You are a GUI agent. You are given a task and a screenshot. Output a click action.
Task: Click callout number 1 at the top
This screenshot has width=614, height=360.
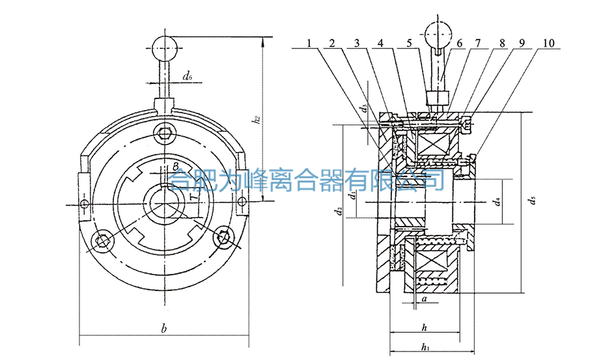click(310, 43)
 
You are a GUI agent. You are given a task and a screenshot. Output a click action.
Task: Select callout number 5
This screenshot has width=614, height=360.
click(408, 43)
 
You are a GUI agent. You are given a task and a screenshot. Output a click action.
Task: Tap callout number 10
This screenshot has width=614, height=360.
click(548, 43)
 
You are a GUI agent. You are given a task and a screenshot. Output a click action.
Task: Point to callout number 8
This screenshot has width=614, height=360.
click(501, 43)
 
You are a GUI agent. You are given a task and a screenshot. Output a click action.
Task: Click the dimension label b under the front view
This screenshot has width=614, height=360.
click(164, 330)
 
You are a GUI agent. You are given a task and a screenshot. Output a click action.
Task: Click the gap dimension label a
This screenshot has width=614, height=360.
click(425, 299)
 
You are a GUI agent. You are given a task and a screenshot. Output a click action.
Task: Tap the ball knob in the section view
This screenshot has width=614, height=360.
click(437, 32)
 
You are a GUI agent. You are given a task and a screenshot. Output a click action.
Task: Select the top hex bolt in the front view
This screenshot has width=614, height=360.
click(165, 135)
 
